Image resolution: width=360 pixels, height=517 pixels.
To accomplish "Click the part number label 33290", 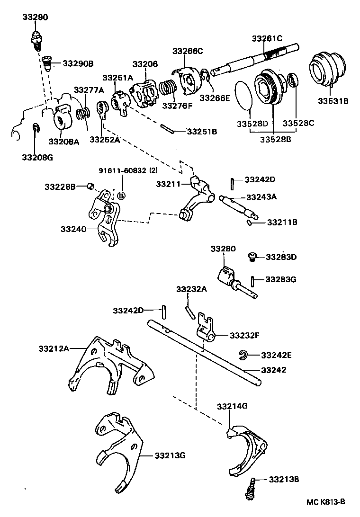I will pyautogui.click(x=35, y=17).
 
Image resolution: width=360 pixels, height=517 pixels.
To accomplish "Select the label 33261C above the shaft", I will pyautogui.click(x=267, y=38).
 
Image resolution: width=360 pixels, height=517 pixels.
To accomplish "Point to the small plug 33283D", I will pyautogui.click(x=253, y=257).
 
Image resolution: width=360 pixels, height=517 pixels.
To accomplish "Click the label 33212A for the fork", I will pyautogui.click(x=54, y=349).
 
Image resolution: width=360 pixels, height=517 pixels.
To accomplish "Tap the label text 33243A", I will pyautogui.click(x=261, y=197).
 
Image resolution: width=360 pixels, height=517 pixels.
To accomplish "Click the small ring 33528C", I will pyautogui.click(x=293, y=80).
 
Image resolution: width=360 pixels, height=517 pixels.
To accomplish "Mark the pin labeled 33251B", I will pyautogui.click(x=168, y=128).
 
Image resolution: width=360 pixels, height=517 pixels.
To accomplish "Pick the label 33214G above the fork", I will pyautogui.click(x=232, y=406).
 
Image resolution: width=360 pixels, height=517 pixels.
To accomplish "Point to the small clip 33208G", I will pyautogui.click(x=36, y=128).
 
